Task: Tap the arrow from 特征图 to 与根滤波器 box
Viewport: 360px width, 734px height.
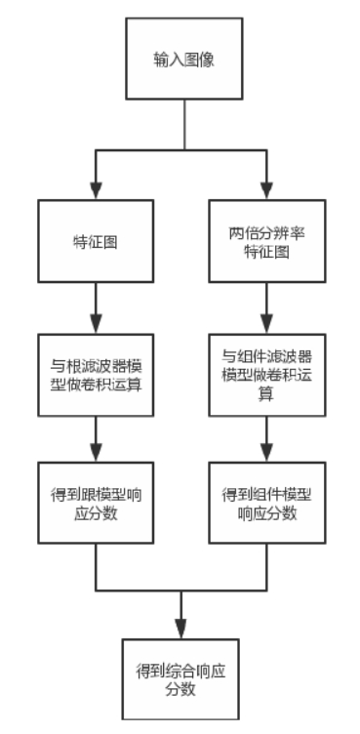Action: [x=95, y=307]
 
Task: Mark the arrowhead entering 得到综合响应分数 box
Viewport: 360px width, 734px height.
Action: [x=180, y=630]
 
